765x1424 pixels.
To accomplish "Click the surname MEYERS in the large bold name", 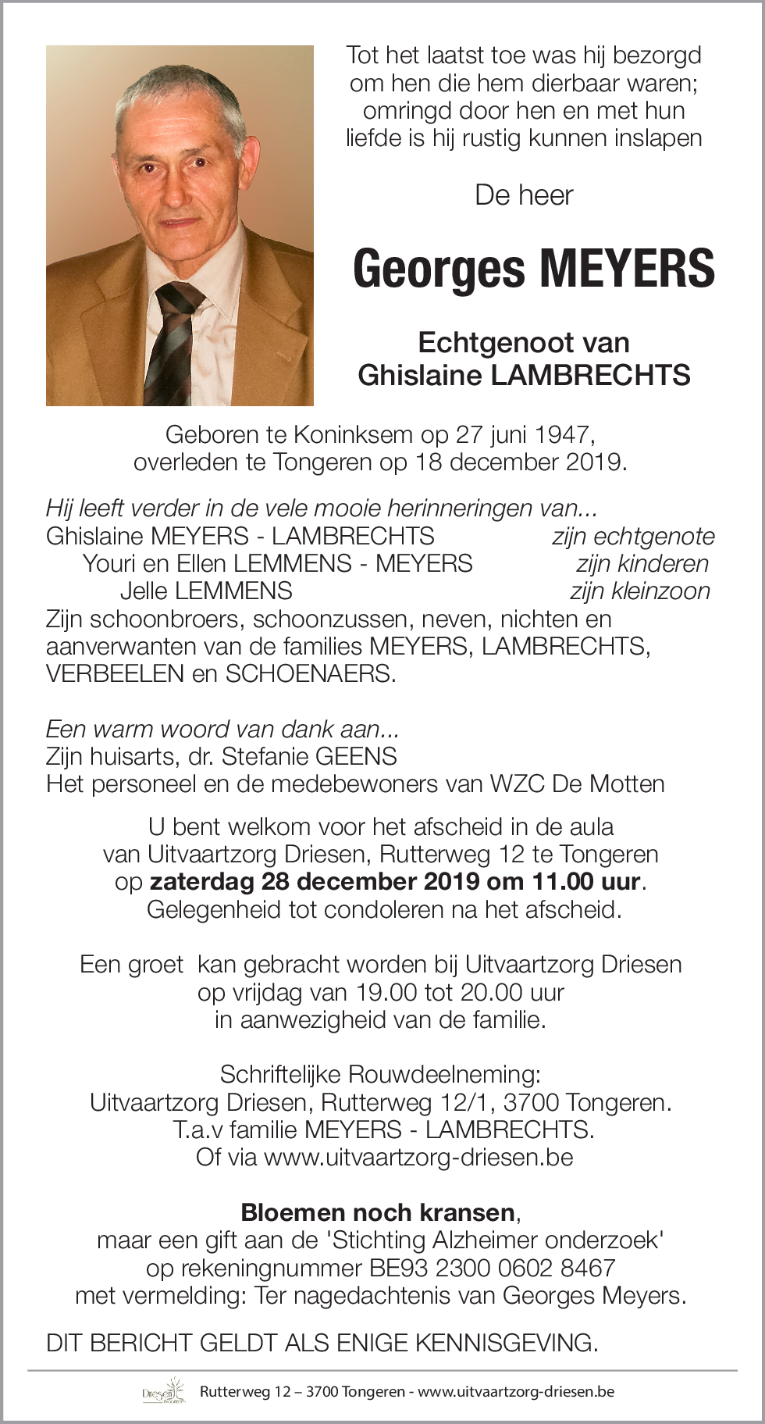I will (626, 269).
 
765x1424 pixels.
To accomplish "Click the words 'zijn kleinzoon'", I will (640, 591).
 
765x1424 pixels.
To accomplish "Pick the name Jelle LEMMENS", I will (206, 591).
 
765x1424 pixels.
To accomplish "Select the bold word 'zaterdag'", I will (201, 882).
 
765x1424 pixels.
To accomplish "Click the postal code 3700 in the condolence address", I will (531, 1103).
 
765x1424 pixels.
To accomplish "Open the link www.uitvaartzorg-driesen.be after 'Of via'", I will (418, 1157).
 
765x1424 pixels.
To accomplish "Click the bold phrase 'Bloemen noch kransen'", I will (378, 1212).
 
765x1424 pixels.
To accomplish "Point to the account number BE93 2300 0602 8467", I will (493, 1268).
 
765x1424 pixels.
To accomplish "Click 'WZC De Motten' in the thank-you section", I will (577, 783).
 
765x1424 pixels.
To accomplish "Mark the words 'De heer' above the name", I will (524, 195).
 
